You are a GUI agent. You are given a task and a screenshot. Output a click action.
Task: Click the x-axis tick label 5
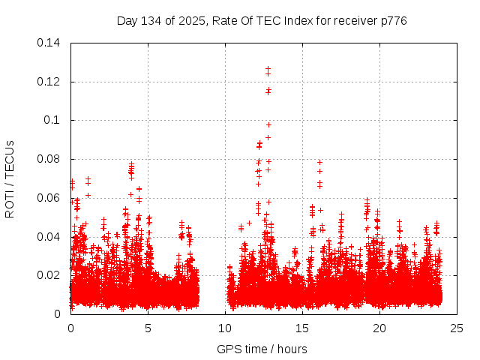click(148, 328)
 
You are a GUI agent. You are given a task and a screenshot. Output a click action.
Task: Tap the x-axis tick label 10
click(225, 328)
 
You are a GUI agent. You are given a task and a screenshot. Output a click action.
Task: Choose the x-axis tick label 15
click(302, 328)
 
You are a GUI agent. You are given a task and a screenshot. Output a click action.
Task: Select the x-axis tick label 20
click(379, 328)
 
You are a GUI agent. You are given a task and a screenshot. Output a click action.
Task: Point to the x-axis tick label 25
click(457, 328)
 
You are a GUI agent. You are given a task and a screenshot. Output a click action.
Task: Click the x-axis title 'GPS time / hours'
click(262, 349)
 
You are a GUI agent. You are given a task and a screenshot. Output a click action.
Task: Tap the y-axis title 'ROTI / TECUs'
click(10, 178)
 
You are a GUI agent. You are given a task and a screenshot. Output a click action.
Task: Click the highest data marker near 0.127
click(268, 69)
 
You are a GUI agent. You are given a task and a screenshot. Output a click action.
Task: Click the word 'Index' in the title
click(292, 20)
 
